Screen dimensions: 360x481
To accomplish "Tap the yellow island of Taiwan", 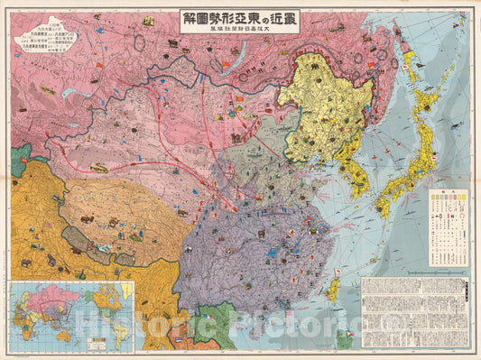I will [331, 290].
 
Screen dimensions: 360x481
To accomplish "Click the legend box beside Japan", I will [447, 226].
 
